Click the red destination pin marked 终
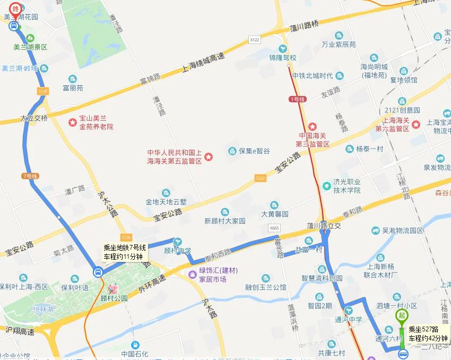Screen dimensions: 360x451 [14, 8]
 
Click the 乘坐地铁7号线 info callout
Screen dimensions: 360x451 [123, 252]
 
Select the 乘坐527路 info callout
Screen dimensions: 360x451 [428, 333]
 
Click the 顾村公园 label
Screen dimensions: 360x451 [115, 298]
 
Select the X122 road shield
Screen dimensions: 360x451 [255, 40]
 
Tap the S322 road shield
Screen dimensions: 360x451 [260, 178]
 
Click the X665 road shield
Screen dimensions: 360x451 [274, 228]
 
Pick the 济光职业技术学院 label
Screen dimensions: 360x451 [347, 186]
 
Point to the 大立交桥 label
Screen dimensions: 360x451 [34, 118]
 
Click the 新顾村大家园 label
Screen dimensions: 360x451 [225, 221]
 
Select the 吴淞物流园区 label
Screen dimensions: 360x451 [403, 231]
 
